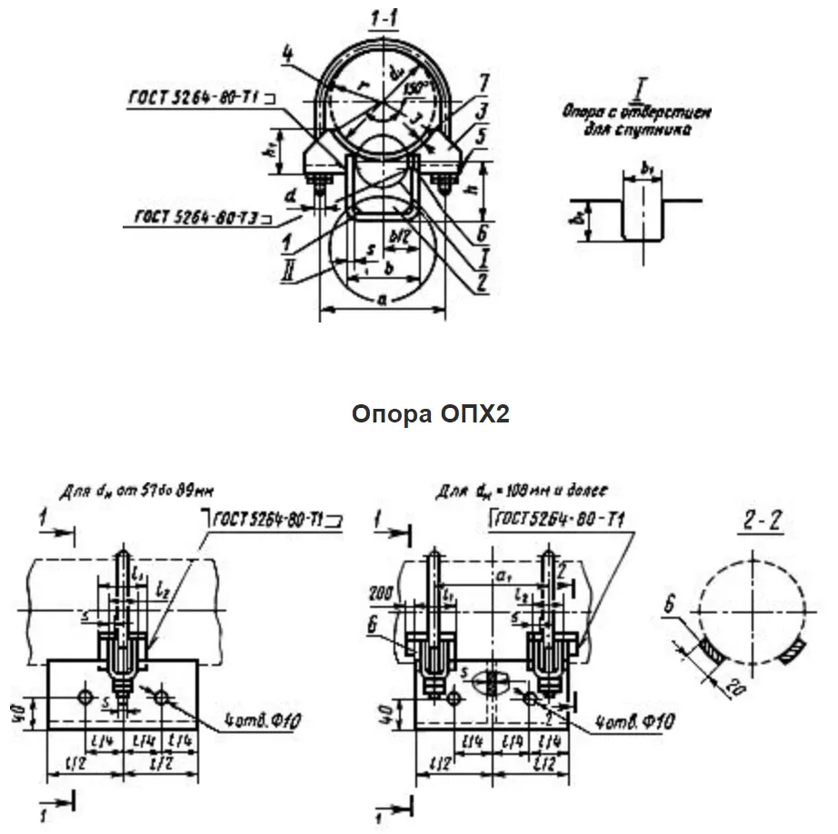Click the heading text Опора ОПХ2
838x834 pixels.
click(x=431, y=414)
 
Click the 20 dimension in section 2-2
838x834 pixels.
click(x=729, y=690)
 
